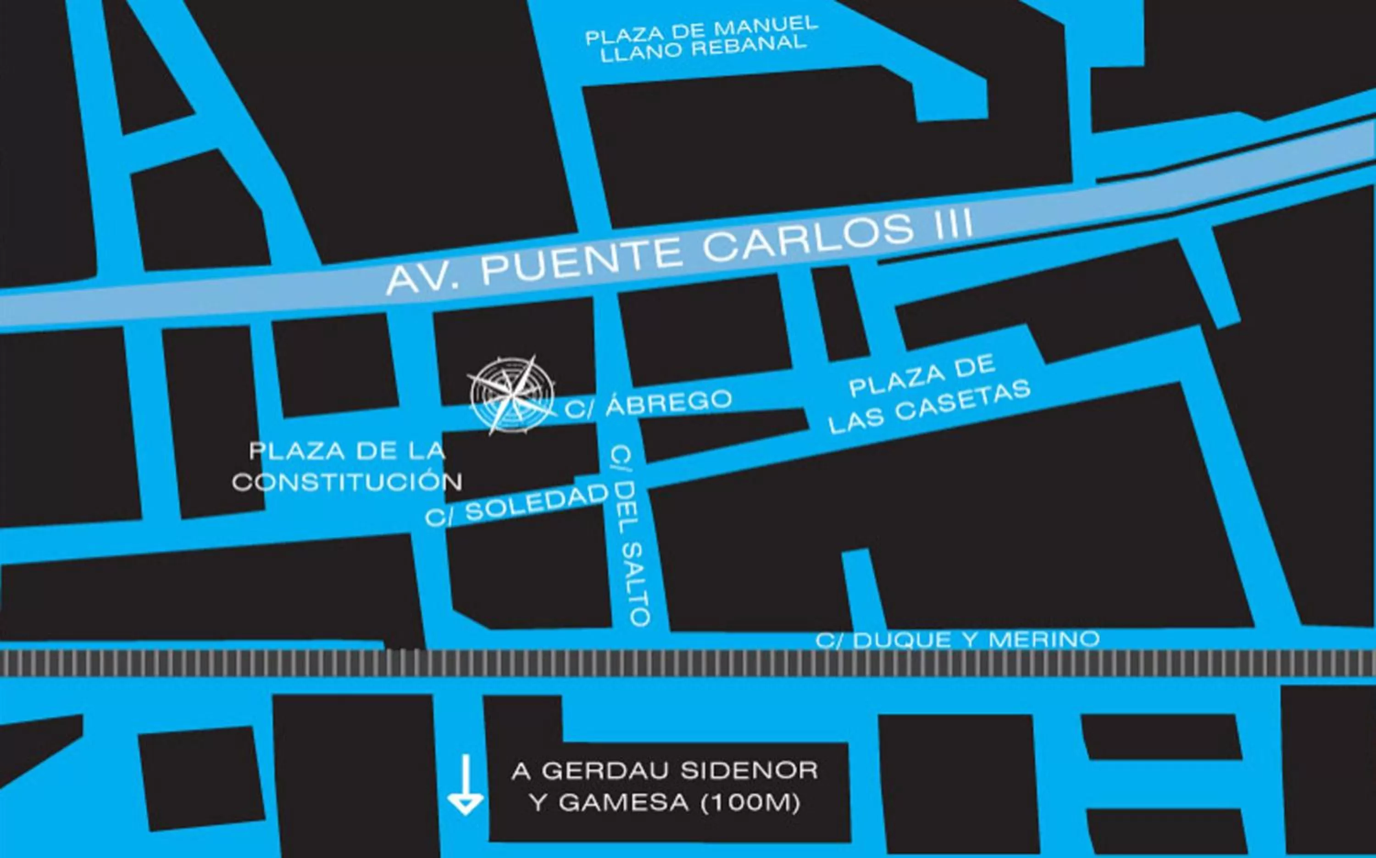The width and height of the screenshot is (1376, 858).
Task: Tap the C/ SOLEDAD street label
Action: pyautogui.click(x=516, y=504)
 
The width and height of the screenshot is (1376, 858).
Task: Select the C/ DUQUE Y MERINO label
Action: pyautogui.click(x=957, y=640)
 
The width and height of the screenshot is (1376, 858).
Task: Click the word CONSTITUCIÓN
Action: pyautogui.click(x=347, y=482)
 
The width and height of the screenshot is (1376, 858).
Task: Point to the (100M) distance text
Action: pyautogui.click(x=750, y=803)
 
